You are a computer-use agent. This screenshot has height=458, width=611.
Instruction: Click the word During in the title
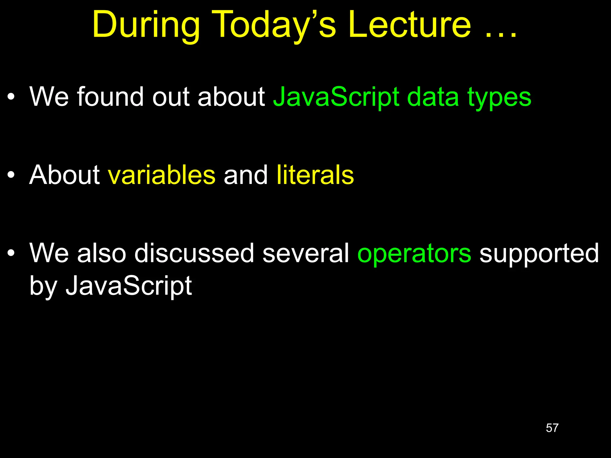click(x=146, y=25)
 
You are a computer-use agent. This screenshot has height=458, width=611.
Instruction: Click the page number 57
click(x=552, y=428)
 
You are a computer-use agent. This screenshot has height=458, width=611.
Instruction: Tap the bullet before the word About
click(x=11, y=175)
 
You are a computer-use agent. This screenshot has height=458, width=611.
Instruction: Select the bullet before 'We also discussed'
click(x=11, y=253)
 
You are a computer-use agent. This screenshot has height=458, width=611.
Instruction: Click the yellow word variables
click(x=161, y=175)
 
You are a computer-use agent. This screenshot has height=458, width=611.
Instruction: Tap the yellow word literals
click(x=315, y=175)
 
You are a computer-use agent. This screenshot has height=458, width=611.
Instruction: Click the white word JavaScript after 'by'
click(x=129, y=286)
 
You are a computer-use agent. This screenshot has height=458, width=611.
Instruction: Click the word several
click(x=305, y=253)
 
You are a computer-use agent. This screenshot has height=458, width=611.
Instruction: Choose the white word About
click(x=64, y=175)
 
